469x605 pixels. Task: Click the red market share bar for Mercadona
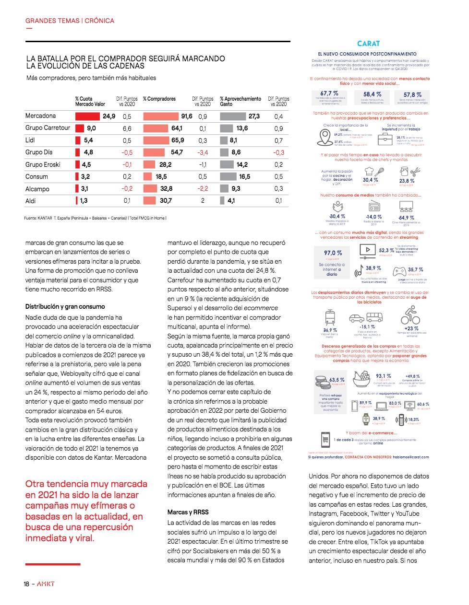click(87, 116)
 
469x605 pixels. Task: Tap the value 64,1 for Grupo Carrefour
click(177, 128)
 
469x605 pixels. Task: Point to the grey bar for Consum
click(228, 176)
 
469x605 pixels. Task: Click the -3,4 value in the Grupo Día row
click(203, 152)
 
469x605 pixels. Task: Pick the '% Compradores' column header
click(159, 99)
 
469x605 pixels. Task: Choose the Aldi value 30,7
click(166, 201)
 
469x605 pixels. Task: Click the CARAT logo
click(369, 44)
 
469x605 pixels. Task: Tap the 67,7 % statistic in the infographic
click(329, 93)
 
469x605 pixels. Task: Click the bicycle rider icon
click(410, 315)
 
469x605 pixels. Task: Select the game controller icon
click(399, 271)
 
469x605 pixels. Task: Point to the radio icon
click(374, 207)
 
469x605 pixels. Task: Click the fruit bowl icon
click(361, 379)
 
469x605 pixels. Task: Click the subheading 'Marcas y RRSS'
click(188, 512)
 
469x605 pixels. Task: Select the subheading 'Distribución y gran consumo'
click(65, 306)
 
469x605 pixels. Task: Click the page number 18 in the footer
click(27, 584)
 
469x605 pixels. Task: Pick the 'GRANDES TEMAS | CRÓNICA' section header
click(70, 21)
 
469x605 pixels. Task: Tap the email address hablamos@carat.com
click(411, 457)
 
